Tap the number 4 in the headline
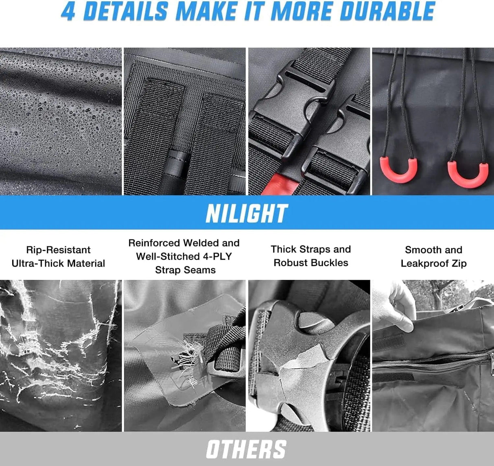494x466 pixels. click(x=68, y=11)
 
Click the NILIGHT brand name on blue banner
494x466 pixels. click(x=247, y=213)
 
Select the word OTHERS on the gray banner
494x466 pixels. click(x=246, y=449)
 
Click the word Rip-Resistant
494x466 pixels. click(x=58, y=250)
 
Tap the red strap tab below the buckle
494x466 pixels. click(x=277, y=184)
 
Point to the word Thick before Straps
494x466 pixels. click(x=284, y=249)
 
